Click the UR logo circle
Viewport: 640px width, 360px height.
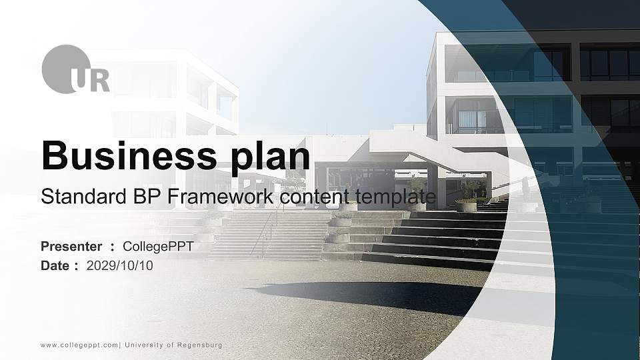[x=65, y=69]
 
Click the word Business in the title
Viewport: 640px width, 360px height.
[x=125, y=156]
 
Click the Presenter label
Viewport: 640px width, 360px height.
[x=71, y=247]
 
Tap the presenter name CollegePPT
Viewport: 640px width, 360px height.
[x=158, y=247]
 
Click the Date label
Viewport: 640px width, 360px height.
[x=55, y=266]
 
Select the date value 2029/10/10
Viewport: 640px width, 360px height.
[x=119, y=266]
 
